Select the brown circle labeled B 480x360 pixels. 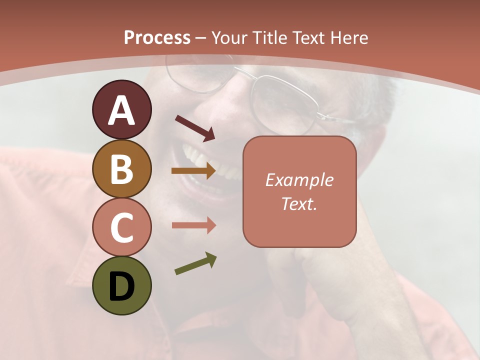click(x=121, y=168)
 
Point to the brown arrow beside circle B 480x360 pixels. click(x=193, y=171)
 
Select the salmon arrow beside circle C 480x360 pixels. click(x=193, y=225)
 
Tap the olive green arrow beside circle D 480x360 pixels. click(x=195, y=263)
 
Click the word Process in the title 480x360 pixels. click(x=157, y=37)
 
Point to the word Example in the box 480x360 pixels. click(x=299, y=180)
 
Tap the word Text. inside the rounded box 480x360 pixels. click(x=299, y=203)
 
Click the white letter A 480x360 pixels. click(x=121, y=110)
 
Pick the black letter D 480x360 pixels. click(x=121, y=287)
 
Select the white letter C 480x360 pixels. click(x=121, y=227)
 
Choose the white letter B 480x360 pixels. click(x=121, y=168)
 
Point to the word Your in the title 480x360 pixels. click(x=228, y=37)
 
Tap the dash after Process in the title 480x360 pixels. click(x=201, y=38)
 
